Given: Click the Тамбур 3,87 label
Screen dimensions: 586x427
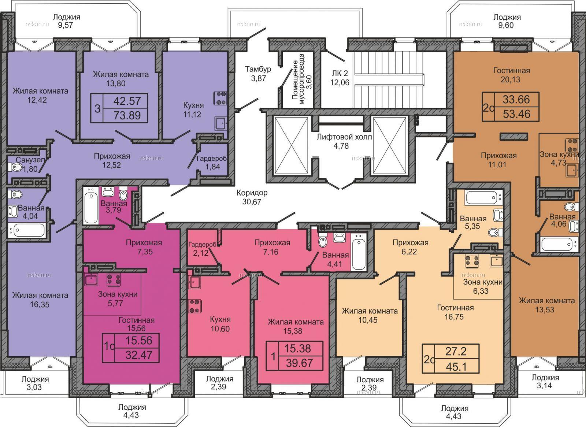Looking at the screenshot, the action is pyautogui.click(x=258, y=74).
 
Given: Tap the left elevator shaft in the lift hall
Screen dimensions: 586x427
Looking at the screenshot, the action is pyautogui.click(x=290, y=145).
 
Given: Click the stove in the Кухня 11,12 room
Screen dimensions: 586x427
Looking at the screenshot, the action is pyautogui.click(x=220, y=98).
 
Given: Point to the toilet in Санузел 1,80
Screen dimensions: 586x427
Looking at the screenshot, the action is pyautogui.click(x=16, y=167).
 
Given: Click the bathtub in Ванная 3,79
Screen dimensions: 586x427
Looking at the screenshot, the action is pyautogui.click(x=91, y=205).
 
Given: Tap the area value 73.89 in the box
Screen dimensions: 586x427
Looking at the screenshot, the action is pyautogui.click(x=127, y=115).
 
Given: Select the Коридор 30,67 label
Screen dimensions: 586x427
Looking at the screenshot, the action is pyautogui.click(x=252, y=197).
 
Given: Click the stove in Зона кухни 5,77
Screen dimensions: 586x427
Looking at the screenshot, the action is pyautogui.click(x=114, y=280).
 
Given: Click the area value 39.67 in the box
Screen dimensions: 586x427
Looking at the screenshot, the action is pyautogui.click(x=299, y=363).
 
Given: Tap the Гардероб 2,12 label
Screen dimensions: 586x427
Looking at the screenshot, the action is pyautogui.click(x=202, y=249).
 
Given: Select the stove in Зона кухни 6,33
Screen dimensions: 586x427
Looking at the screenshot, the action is pyautogui.click(x=472, y=261).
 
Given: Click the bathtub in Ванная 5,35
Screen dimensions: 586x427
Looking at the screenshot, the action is pyautogui.click(x=483, y=198).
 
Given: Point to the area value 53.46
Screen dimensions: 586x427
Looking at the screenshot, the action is pyautogui.click(x=516, y=114).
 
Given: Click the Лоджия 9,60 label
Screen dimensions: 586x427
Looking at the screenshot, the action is pyautogui.click(x=507, y=21).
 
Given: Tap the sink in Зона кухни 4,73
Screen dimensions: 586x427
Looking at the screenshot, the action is pyautogui.click(x=572, y=170).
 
